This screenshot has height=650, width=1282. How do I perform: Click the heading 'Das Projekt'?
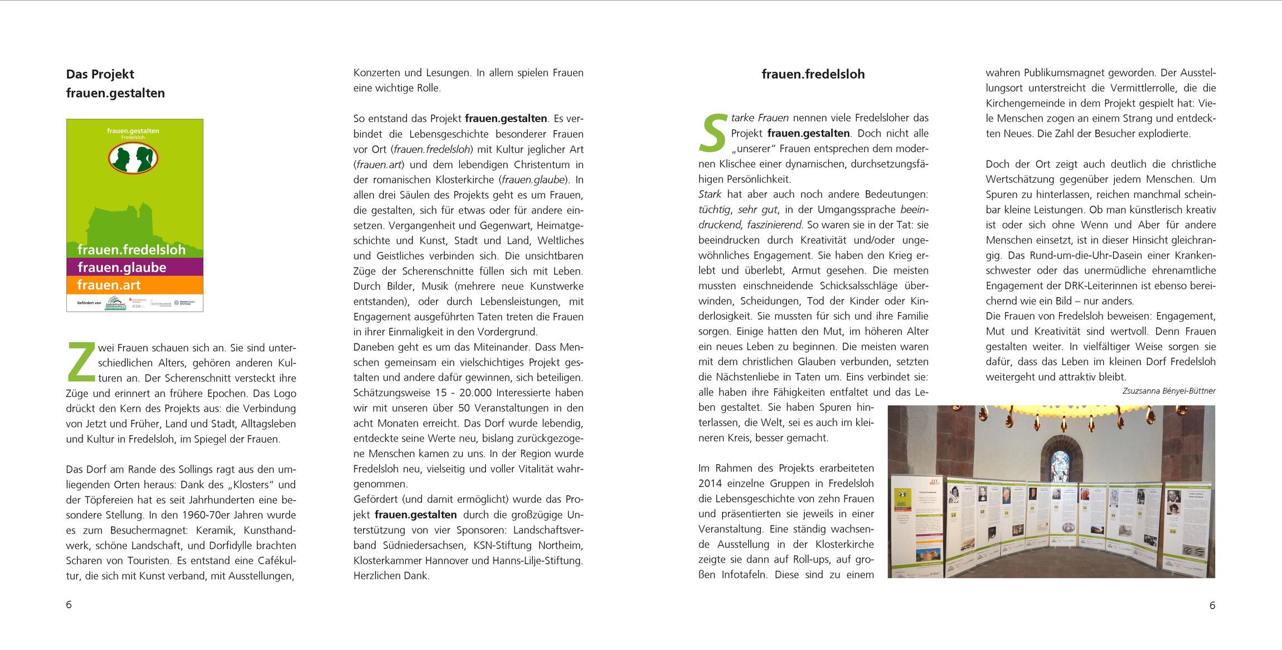[100, 74]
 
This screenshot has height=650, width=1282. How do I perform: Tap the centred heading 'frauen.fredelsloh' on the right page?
[813, 74]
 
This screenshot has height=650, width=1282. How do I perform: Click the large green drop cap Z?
[81, 361]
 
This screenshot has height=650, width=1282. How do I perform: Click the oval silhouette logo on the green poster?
[133, 158]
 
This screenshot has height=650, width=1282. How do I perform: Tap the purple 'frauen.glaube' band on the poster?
[134, 267]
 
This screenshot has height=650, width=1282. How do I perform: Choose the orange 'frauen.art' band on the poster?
[134, 285]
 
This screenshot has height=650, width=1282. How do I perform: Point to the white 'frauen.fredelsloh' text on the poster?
[132, 249]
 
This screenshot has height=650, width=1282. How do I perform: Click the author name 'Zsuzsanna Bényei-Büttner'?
[1168, 391]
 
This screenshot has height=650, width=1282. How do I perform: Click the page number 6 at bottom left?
[69, 605]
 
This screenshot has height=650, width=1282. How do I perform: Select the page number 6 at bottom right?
[1212, 605]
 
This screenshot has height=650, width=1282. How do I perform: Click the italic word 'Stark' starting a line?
[710, 195]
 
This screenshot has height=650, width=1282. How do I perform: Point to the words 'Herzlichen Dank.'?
[391, 576]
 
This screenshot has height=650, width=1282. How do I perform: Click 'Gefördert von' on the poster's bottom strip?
[89, 303]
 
